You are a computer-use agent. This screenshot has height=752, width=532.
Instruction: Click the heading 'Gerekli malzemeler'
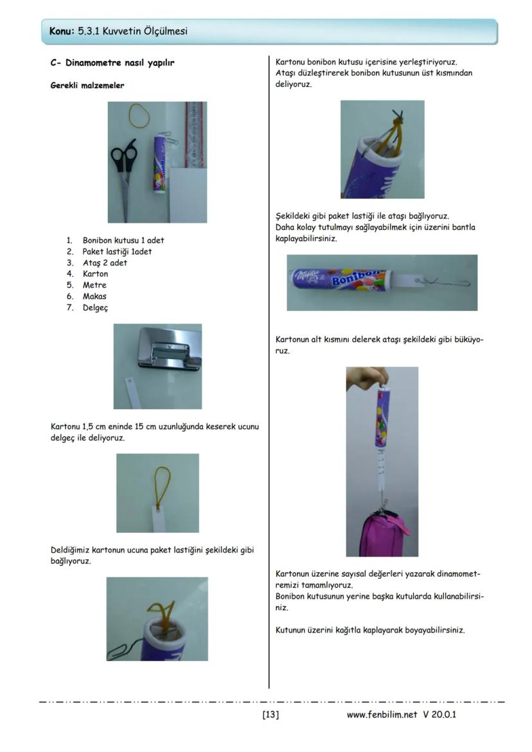(x=87, y=85)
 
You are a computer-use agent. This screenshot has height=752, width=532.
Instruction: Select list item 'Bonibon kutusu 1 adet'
(x=123, y=240)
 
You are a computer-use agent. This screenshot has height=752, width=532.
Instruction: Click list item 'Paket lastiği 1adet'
(x=117, y=252)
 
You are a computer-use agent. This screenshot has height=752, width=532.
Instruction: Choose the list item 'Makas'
(x=94, y=297)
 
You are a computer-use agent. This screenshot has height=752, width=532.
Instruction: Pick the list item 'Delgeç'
(x=95, y=308)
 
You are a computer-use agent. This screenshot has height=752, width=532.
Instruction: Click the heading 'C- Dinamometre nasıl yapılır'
(x=112, y=63)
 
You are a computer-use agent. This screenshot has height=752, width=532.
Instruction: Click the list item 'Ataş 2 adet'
(x=105, y=263)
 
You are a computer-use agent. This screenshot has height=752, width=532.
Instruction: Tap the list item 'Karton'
(x=95, y=274)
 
